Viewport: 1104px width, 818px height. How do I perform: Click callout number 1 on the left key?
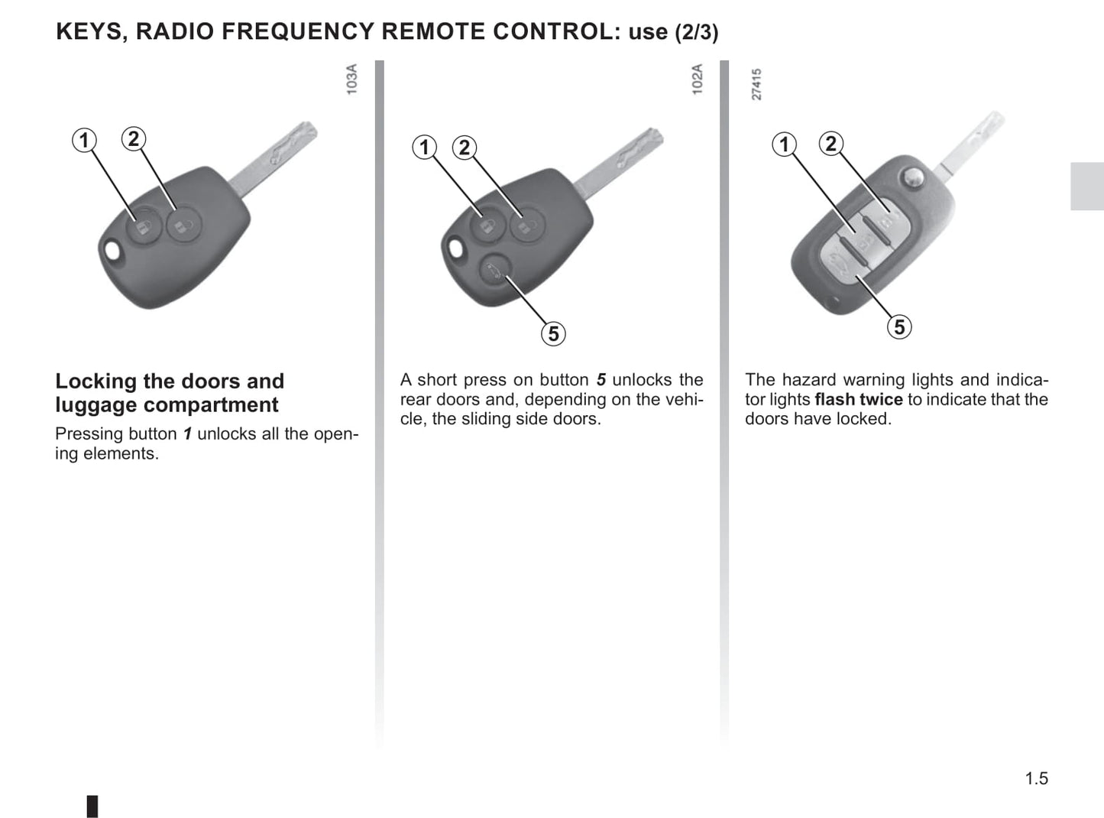click(84, 140)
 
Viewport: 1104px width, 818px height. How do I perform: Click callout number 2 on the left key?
click(134, 138)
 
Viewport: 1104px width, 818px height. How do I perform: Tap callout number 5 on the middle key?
click(553, 334)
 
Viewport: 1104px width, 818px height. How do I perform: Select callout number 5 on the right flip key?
click(899, 327)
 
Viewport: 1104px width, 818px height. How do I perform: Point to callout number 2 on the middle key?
click(465, 147)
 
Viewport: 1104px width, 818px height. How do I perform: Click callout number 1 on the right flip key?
click(784, 144)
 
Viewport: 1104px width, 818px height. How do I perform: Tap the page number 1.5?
click(1036, 778)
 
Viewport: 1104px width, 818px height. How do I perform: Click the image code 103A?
click(351, 80)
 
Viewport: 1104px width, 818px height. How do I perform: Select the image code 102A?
click(697, 80)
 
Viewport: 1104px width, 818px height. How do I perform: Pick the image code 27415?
click(756, 84)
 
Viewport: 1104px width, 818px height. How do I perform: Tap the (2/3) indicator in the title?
click(696, 33)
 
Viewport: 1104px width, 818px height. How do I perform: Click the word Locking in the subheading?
click(96, 381)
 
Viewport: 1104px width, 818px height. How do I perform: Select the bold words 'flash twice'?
click(858, 399)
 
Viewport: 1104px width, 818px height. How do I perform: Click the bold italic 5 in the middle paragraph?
click(601, 380)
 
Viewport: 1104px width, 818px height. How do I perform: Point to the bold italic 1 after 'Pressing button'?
click(186, 434)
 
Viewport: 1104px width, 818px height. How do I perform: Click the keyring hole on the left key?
click(112, 251)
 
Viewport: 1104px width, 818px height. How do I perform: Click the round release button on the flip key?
click(911, 177)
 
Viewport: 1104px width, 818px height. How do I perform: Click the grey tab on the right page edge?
click(1086, 186)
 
